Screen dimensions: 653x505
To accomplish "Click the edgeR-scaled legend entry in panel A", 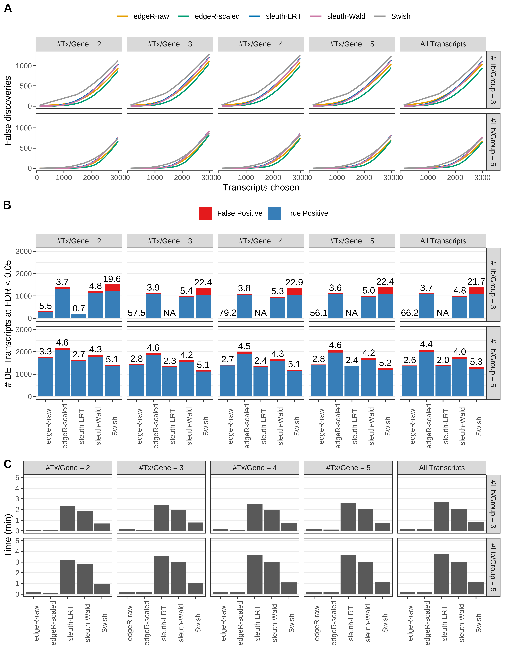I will [217, 16].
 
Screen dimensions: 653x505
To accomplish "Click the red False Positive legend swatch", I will [206, 213].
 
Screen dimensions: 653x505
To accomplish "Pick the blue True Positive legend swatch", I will [274, 213].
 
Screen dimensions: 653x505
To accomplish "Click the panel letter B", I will [7, 205].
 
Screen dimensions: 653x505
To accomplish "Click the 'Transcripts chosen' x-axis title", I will [261, 187].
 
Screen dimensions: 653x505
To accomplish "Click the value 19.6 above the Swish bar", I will [112, 279].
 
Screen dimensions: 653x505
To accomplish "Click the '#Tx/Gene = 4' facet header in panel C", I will [255, 468].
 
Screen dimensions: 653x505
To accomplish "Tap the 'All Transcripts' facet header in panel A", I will [443, 44].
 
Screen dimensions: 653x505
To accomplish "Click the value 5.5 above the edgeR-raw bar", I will [45, 306].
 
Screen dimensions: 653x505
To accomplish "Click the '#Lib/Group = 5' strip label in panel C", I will [493, 567].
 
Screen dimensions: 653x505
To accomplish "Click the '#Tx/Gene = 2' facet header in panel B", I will [79, 241].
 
